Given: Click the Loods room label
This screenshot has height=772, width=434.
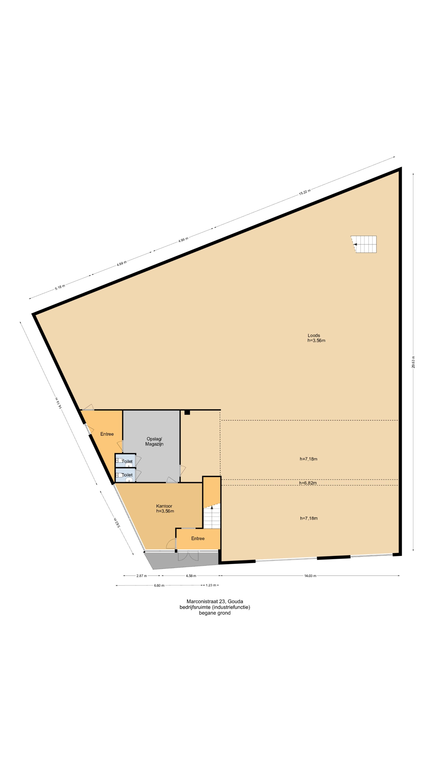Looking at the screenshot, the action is pyautogui.click(x=314, y=335).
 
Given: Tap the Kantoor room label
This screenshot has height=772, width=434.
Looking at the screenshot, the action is pyautogui.click(x=164, y=506).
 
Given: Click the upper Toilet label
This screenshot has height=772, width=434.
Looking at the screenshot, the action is pyautogui.click(x=127, y=461).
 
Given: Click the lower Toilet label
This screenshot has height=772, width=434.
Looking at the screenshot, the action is pyautogui.click(x=127, y=475).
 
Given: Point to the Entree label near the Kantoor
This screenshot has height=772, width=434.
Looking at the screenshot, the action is pyautogui.click(x=198, y=538).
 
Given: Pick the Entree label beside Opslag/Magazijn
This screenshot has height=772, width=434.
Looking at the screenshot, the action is pyautogui.click(x=107, y=434).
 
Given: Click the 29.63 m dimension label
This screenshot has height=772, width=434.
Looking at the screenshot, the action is pyautogui.click(x=413, y=362).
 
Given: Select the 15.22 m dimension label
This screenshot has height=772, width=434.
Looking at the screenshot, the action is pyautogui.click(x=304, y=192).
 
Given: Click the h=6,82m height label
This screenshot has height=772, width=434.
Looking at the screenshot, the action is pyautogui.click(x=308, y=483).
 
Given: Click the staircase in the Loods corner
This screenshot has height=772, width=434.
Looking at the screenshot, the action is pyautogui.click(x=364, y=244).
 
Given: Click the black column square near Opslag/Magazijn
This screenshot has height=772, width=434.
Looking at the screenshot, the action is pyautogui.click(x=187, y=412).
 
